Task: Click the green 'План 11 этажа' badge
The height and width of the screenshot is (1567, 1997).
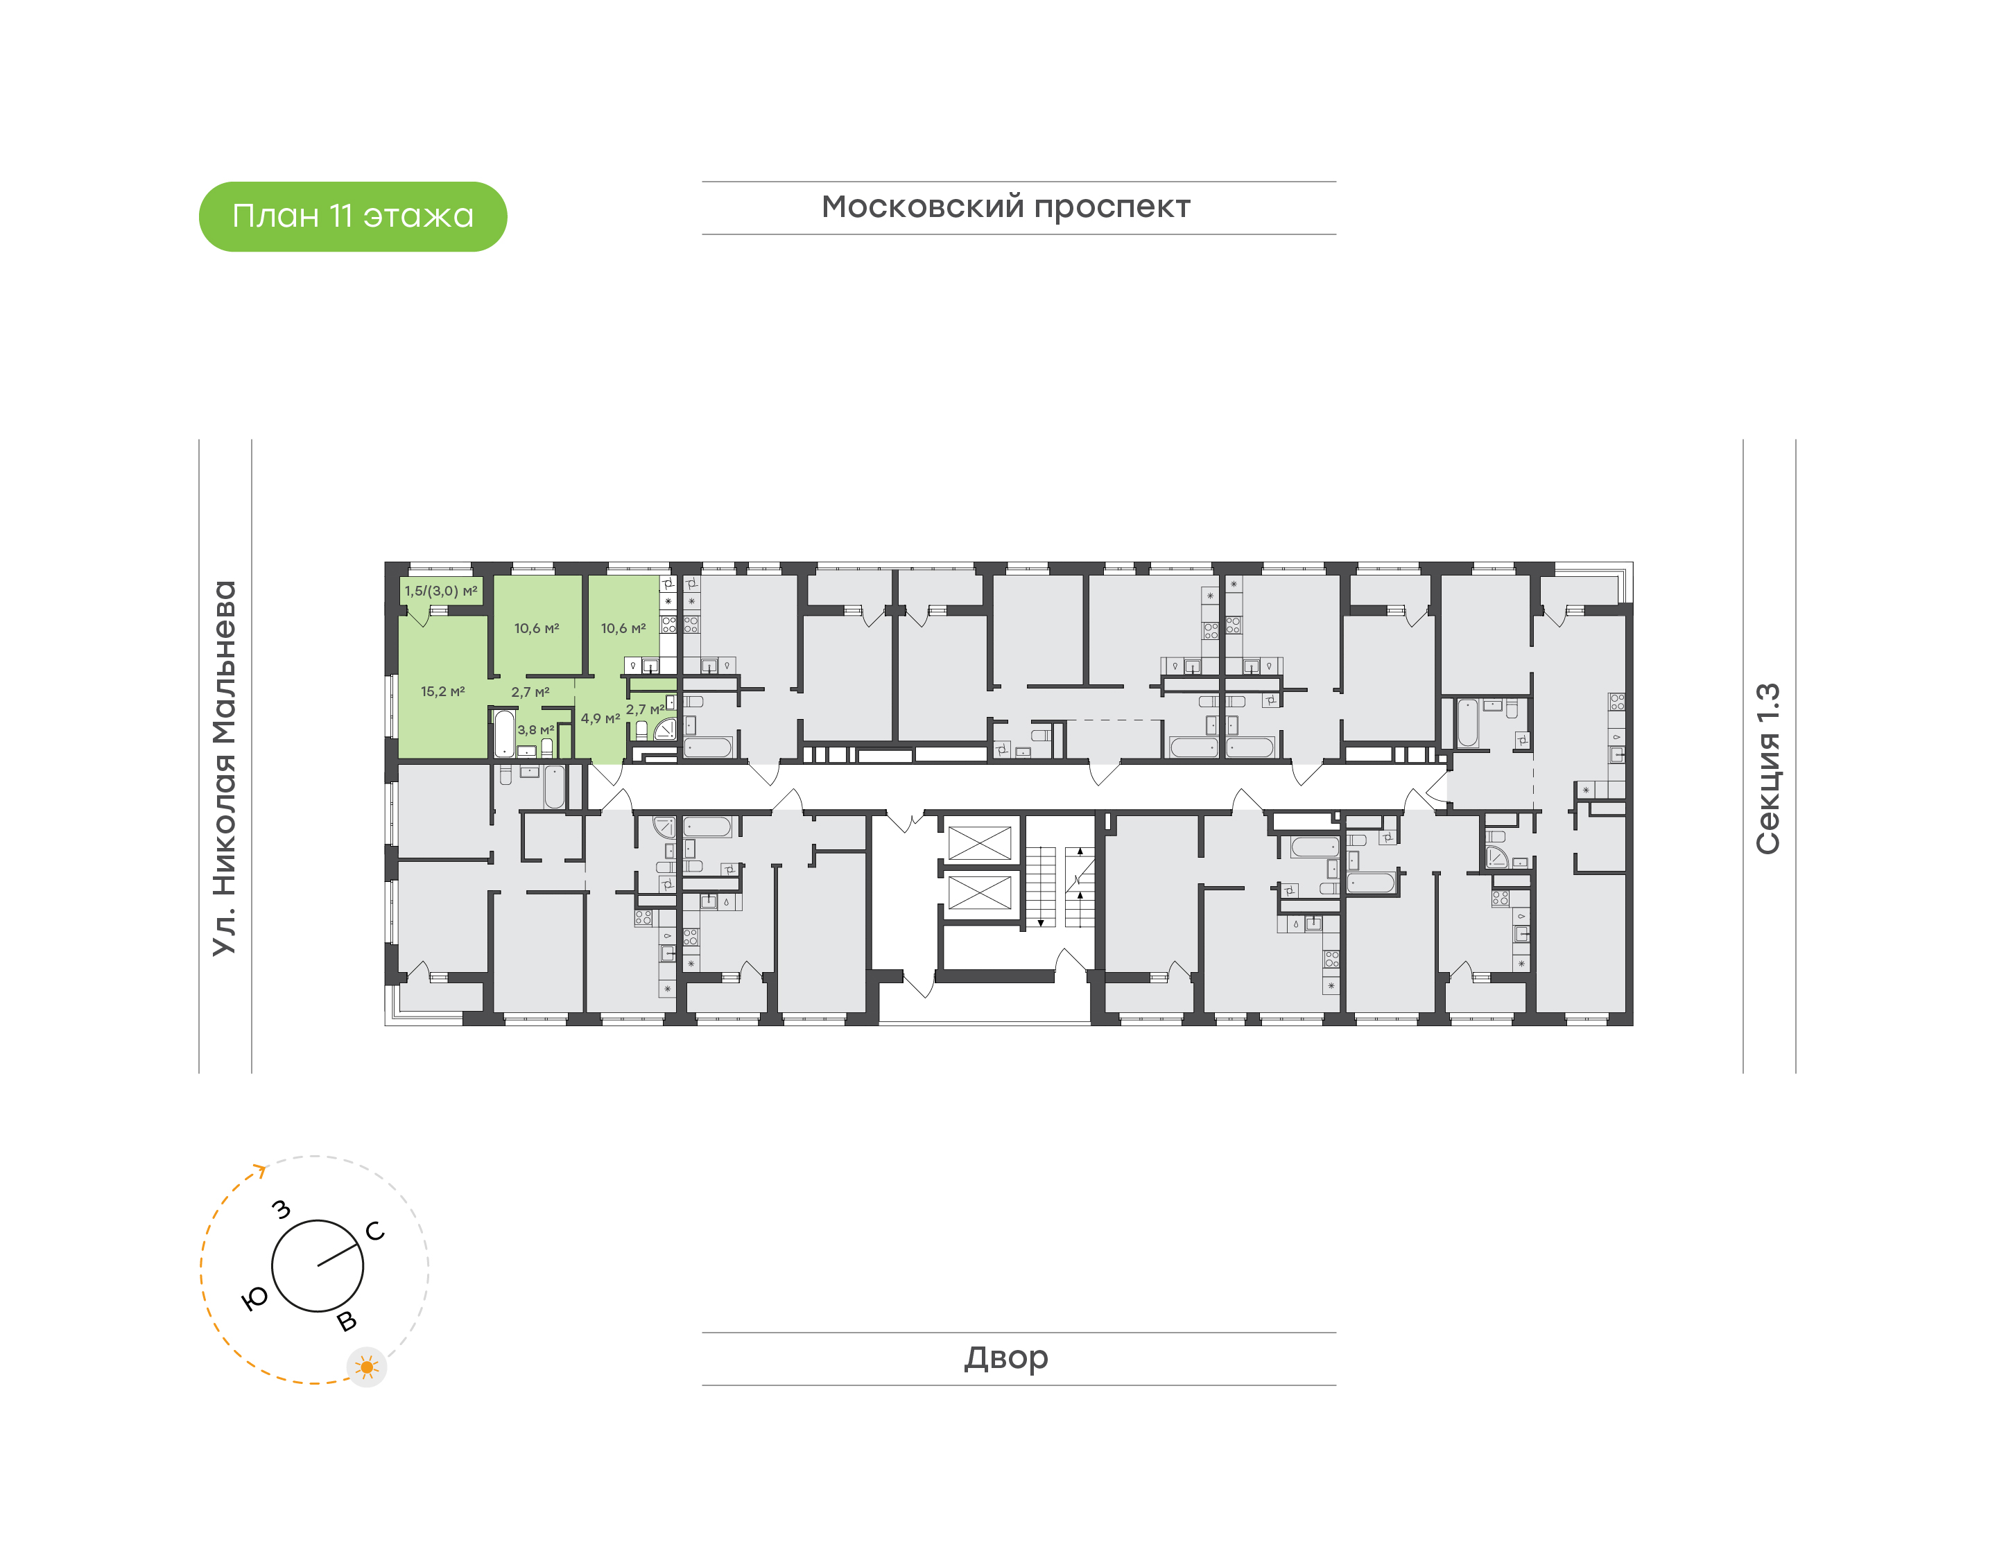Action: [352, 216]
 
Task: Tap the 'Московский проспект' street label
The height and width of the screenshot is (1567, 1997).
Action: [1005, 208]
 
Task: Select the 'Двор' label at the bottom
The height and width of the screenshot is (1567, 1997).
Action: [1005, 1358]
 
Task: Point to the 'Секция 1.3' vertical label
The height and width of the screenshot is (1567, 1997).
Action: [1767, 768]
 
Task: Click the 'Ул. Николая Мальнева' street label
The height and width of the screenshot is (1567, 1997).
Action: [224, 768]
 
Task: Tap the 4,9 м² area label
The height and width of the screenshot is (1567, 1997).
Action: [600, 718]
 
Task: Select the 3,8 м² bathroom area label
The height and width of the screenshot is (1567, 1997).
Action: [536, 730]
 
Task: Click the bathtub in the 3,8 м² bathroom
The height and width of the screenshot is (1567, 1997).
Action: [505, 733]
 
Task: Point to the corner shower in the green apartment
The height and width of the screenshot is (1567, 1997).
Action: [666, 729]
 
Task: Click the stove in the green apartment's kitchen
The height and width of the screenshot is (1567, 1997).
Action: [668, 625]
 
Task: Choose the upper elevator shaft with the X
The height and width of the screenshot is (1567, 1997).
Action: [979, 843]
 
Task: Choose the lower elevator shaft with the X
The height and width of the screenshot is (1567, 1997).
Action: [979, 892]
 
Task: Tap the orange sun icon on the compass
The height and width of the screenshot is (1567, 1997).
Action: [367, 1368]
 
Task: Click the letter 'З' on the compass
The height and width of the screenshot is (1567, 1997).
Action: [282, 1210]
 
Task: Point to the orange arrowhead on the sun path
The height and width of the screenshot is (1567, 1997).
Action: [261, 1170]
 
